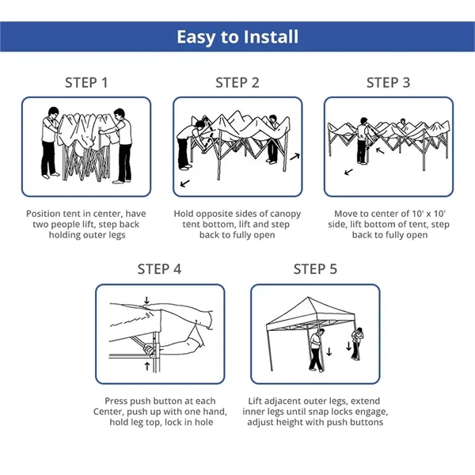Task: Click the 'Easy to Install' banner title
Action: (237, 37)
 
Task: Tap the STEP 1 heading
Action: (86, 83)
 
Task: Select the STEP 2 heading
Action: (237, 83)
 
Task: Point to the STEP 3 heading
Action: (388, 83)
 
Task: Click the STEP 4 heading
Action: (159, 269)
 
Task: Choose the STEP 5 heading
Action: (315, 269)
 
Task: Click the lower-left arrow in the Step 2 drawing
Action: (185, 184)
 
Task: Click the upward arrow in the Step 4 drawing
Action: (148, 366)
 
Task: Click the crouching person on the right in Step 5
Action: (361, 344)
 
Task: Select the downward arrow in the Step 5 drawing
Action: (348, 349)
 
